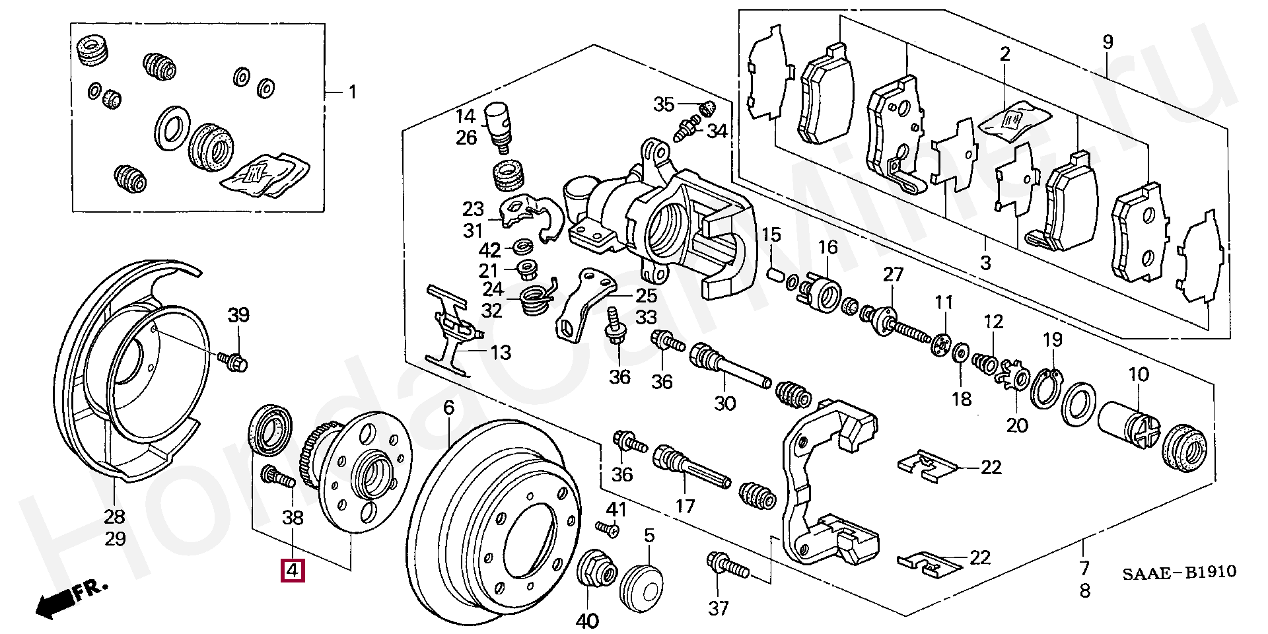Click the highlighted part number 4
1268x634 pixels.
click(x=292, y=570)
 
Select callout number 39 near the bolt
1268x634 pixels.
click(x=238, y=314)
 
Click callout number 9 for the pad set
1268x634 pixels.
click(x=1108, y=42)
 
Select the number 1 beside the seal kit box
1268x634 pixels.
click(x=352, y=92)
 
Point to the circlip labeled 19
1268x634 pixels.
click(x=1045, y=392)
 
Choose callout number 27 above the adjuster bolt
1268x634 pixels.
click(x=893, y=274)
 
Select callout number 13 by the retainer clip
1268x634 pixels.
click(x=500, y=352)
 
